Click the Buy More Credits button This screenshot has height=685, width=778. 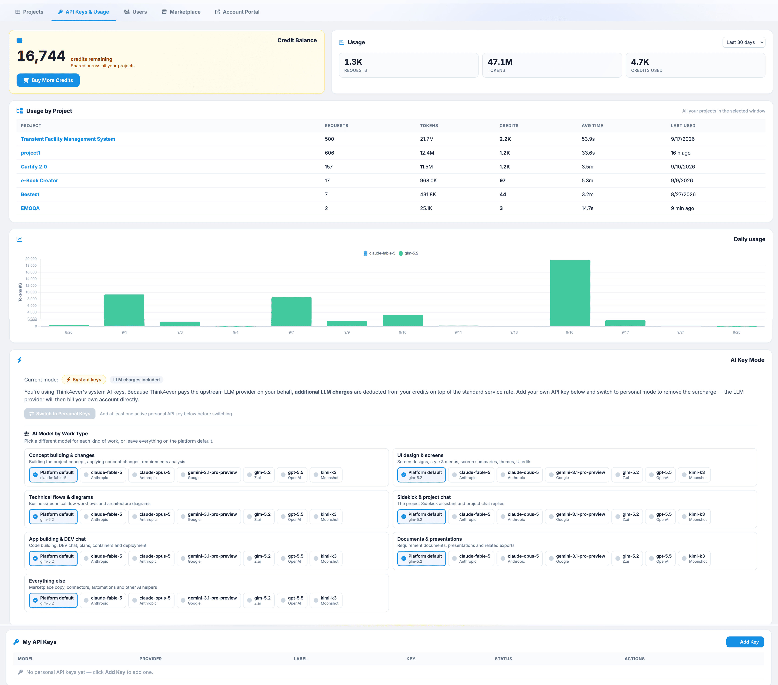[48, 80]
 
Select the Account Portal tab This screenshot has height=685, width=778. [237, 12]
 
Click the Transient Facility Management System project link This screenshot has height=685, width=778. [68, 139]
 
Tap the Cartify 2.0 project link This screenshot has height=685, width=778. [34, 167]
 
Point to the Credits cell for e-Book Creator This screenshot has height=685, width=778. [502, 180]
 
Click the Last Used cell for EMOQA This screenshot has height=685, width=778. [682, 208]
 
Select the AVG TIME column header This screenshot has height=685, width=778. [592, 126]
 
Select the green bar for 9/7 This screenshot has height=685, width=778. [291, 311]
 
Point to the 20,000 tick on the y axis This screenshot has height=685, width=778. [31, 259]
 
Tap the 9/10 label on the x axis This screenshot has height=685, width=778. [402, 332]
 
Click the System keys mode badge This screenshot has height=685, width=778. [84, 379]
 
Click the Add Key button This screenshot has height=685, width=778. [745, 642]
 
